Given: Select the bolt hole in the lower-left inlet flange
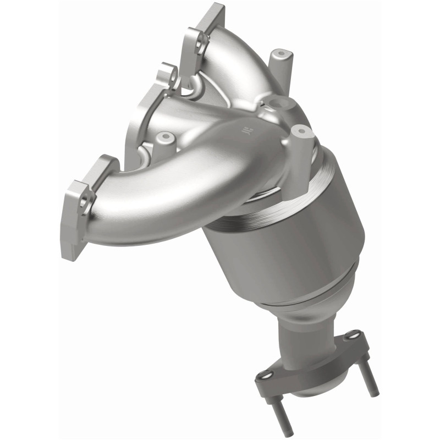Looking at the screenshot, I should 84,202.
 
